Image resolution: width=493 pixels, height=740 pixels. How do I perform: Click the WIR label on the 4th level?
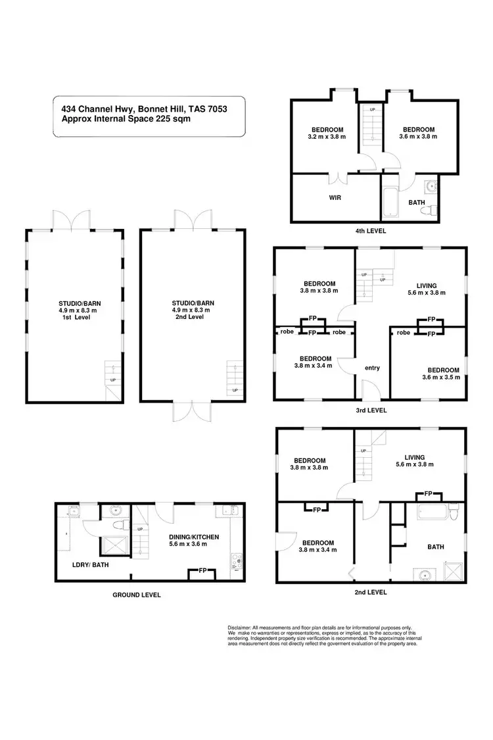335,197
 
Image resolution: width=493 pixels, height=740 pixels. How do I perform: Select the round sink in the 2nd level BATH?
424,574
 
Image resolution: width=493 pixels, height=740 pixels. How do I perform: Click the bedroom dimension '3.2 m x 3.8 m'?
327,137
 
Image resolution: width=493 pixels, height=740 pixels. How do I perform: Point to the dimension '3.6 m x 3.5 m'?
440,378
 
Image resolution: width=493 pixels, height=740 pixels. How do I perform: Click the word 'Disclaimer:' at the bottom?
241,628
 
